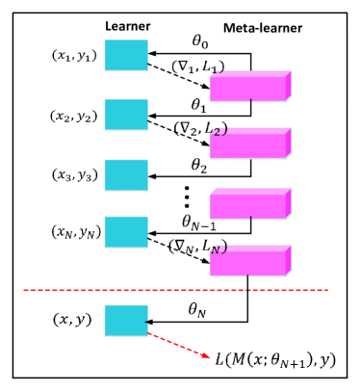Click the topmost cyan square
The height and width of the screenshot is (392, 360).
pyautogui.click(x=126, y=56)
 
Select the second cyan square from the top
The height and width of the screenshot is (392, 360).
pyautogui.click(x=126, y=115)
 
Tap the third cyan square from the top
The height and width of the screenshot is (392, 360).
pyautogui.click(x=126, y=176)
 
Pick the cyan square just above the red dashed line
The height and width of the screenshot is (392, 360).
pyautogui.click(x=126, y=232)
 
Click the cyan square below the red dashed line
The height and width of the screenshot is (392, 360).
pyautogui.click(x=126, y=321)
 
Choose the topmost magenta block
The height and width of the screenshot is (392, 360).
pyautogui.click(x=247, y=89)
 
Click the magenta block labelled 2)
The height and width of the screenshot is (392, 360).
pyautogui.click(x=247, y=146)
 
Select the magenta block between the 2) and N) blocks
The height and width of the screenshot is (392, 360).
pyautogui.click(x=247, y=206)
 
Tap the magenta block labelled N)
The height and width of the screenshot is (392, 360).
pyautogui.click(x=247, y=264)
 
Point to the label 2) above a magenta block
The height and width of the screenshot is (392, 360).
pyautogui.click(x=219, y=131)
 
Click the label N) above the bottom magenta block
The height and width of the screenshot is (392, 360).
pyautogui.click(x=219, y=248)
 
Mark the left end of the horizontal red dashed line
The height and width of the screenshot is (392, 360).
pyautogui.click(x=24, y=290)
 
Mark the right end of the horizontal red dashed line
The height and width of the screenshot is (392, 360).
pyautogui.click(x=327, y=290)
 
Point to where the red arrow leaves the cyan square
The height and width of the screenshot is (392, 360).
pyautogui.click(x=150, y=333)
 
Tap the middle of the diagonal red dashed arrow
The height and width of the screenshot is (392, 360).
pyautogui.click(x=180, y=345)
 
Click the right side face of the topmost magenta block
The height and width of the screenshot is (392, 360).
pyautogui.click(x=289, y=86)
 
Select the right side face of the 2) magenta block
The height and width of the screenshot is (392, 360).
pyautogui.click(x=289, y=144)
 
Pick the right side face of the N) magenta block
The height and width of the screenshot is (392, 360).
pyautogui.click(x=289, y=260)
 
